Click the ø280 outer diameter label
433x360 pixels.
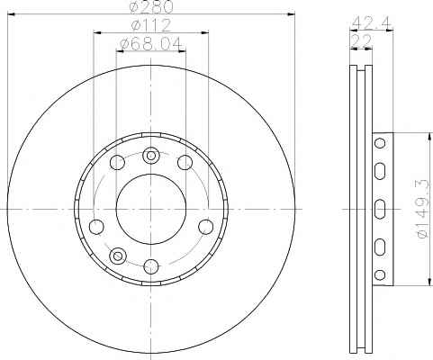coord(151,7)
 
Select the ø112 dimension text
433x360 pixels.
coord(151,25)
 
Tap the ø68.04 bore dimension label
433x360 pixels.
coord(151,44)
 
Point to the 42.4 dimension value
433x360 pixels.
coord(371,22)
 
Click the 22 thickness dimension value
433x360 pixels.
coord(361,40)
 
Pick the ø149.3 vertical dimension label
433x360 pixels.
coord(424,209)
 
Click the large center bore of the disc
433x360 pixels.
coord(150,209)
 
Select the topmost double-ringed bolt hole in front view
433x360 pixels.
coord(150,156)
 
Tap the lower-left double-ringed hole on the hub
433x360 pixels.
coord(118,256)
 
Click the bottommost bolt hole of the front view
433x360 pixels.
coord(151,266)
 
